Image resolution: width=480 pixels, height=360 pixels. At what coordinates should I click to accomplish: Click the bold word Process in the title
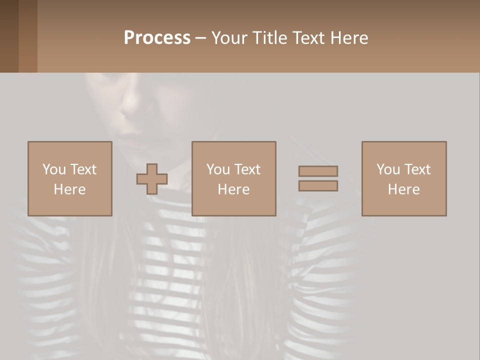[x=157, y=38]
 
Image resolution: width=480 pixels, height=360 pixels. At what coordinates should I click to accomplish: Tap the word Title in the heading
[x=269, y=38]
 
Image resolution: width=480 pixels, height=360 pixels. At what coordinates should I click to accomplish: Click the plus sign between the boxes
[x=152, y=179]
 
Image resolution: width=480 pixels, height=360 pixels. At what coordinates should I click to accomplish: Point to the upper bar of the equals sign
[x=318, y=171]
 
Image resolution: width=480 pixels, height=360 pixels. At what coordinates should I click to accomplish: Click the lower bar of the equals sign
[x=318, y=186]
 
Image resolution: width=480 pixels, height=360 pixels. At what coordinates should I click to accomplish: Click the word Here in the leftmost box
[x=69, y=189]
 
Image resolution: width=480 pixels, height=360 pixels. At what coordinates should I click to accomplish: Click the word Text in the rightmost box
[x=417, y=169]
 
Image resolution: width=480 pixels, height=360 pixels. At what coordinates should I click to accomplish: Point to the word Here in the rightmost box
[x=403, y=189]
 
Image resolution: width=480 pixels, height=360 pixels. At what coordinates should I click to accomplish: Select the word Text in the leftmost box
[x=83, y=169]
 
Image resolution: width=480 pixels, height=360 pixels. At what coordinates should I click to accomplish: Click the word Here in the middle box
[x=233, y=189]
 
